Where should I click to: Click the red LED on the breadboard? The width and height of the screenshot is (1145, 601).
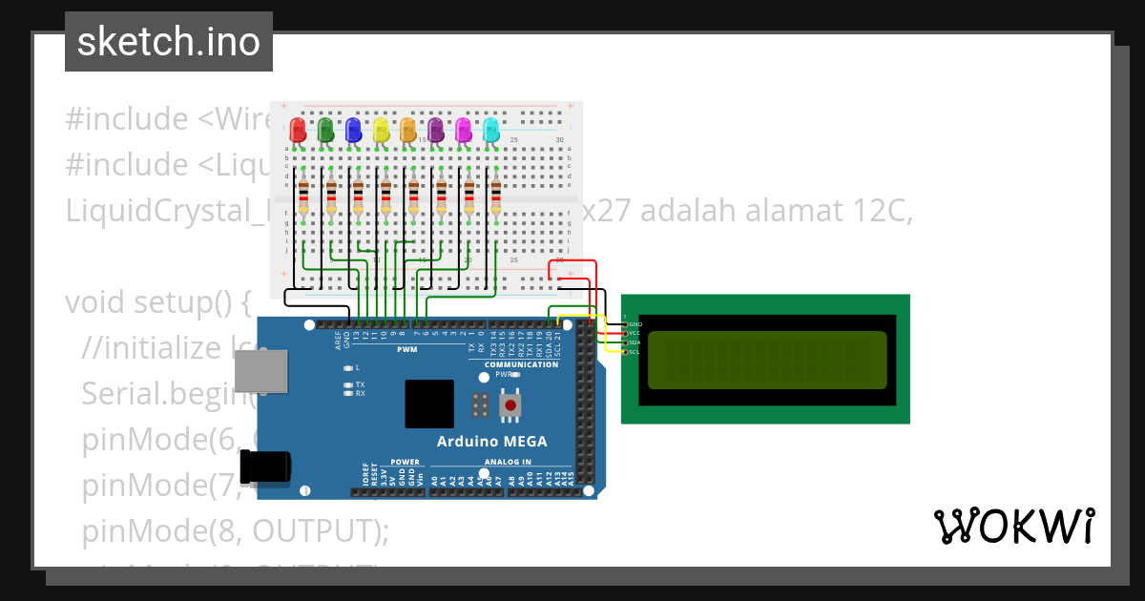(298, 129)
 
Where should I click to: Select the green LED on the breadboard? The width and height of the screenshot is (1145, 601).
(325, 129)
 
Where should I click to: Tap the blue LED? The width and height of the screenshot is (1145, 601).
(353, 129)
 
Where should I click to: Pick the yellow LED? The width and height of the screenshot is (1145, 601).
(381, 129)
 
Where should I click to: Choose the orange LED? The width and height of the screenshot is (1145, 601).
(408, 129)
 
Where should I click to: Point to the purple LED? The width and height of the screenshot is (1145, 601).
(436, 129)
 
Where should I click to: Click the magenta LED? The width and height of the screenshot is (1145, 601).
(464, 129)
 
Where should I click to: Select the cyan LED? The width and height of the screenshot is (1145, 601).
(491, 129)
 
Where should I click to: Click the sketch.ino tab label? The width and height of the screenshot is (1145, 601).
(169, 42)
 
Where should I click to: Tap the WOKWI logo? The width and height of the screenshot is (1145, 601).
(1013, 526)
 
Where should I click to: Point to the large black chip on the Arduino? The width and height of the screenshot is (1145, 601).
(429, 404)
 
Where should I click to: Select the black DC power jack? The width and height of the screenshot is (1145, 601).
(264, 467)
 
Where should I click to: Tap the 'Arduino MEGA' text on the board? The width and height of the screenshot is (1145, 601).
(491, 441)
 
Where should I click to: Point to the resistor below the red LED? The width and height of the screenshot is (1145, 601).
(303, 197)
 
